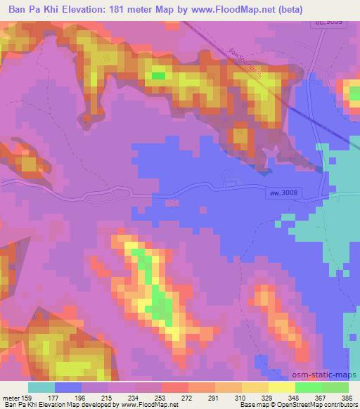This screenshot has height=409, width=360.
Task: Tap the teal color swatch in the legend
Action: pyautogui.click(x=41, y=387)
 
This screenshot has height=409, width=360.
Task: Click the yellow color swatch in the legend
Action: pyautogui.click(x=281, y=387)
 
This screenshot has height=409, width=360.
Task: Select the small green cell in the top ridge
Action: pyautogui.click(x=159, y=75)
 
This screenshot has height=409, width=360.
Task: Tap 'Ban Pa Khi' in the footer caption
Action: pyautogui.click(x=17, y=405)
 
